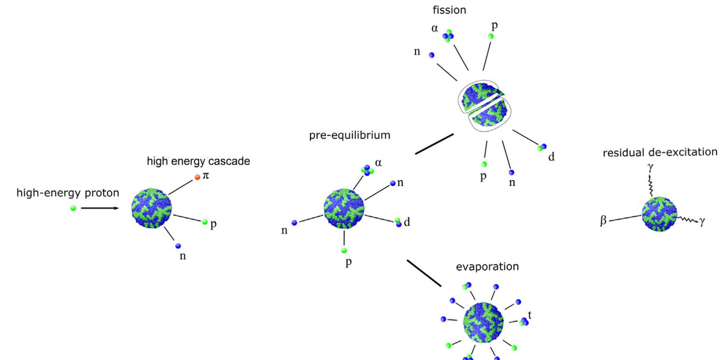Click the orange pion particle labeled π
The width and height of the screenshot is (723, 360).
click(197, 177)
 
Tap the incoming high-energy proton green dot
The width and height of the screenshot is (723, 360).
click(73, 208)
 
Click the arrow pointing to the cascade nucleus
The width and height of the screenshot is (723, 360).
click(100, 208)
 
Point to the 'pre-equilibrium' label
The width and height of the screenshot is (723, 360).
click(342, 135)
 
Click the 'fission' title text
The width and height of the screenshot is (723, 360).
click(450, 10)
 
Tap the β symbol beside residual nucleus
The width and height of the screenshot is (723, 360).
click(603, 221)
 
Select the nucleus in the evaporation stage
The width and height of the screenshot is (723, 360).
click(482, 322)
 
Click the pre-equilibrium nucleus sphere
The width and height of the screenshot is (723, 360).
click(344, 208)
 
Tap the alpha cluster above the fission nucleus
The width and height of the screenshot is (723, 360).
click(448, 36)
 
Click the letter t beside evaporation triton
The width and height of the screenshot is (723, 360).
click(530, 315)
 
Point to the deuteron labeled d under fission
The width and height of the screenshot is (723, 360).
click(541, 147)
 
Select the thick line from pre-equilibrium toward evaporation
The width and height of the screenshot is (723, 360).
click(424, 272)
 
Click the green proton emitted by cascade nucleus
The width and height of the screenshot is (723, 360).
click(205, 222)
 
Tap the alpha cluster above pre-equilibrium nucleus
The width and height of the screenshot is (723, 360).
click(368, 171)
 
